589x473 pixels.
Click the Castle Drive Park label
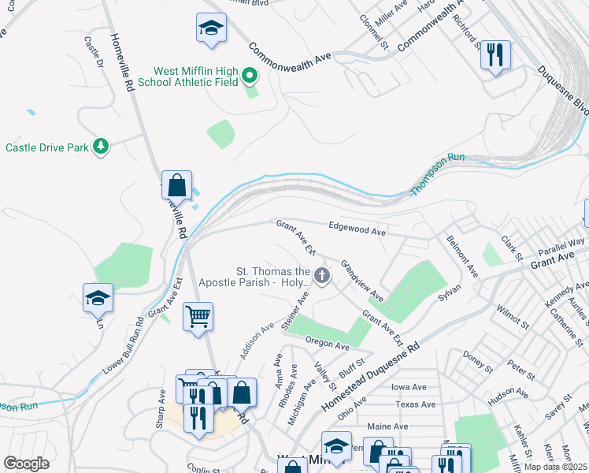click(x=46, y=147)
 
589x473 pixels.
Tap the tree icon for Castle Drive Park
click(x=100, y=146)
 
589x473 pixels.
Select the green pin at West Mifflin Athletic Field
click(x=250, y=76)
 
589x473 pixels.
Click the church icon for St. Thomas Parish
click(x=321, y=275)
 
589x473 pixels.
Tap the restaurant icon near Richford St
click(x=495, y=55)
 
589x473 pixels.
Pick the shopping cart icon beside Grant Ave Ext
click(x=198, y=317)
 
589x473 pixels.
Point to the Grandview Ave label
click(x=361, y=281)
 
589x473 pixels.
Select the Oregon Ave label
click(x=327, y=345)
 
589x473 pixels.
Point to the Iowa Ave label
click(x=408, y=387)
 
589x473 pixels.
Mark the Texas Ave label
click(x=415, y=404)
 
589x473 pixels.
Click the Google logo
click(x=26, y=464)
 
